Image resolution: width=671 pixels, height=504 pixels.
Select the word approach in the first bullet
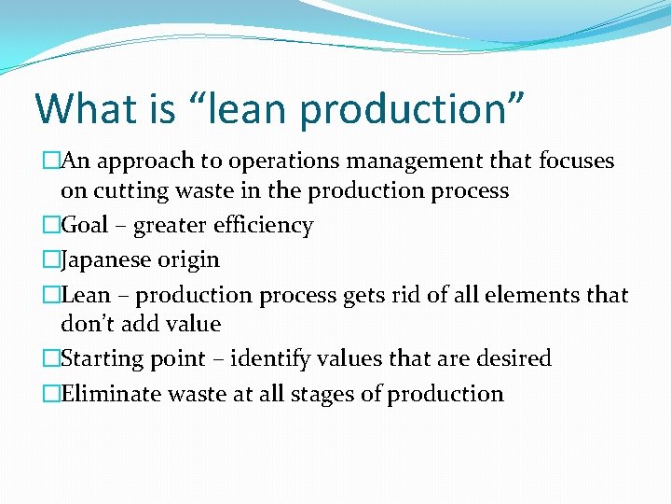click(134, 161)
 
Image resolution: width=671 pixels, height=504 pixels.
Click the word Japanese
click(108, 259)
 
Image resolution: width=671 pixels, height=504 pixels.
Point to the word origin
click(190, 259)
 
